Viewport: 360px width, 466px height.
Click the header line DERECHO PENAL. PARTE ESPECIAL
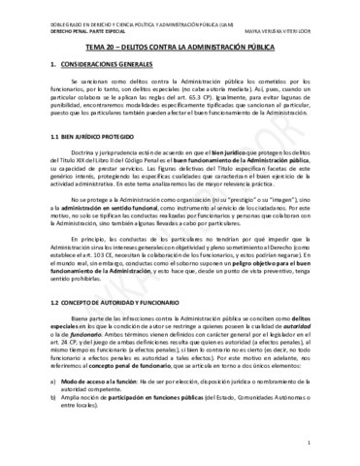[x=64, y=28]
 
